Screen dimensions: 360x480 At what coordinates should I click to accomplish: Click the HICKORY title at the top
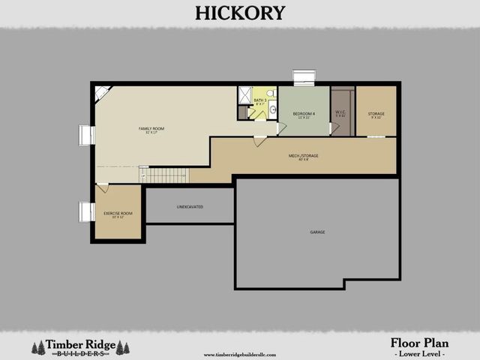point(240,13)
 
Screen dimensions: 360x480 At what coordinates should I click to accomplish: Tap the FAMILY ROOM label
point(151,129)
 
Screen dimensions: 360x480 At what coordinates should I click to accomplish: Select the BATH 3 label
point(260,101)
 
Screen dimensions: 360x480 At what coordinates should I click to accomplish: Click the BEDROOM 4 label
point(303,114)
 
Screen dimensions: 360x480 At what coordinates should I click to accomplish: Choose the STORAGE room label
point(376,115)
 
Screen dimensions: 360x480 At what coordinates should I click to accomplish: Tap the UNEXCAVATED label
point(190,206)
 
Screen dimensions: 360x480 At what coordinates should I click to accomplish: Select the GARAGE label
point(317,232)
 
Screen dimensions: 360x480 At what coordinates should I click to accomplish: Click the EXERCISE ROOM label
point(117,214)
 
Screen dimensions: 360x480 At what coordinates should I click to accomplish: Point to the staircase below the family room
point(164,175)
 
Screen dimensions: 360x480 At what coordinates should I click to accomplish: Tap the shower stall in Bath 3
point(244,95)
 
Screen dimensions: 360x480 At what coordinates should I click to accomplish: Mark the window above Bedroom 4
point(304,78)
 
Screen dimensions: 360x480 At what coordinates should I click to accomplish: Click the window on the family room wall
point(87,136)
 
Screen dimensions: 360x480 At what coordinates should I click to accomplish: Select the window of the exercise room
point(86,212)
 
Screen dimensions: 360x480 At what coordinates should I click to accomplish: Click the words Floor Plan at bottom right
point(420,343)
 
